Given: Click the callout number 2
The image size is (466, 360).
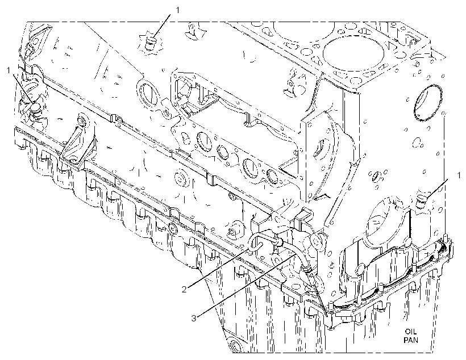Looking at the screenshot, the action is pos(184,288).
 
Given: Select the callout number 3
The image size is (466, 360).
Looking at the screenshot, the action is pos(193,319).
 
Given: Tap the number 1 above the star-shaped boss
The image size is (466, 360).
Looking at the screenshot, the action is pos(178,10).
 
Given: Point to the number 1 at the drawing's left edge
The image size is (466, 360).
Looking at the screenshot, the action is pos(9,70).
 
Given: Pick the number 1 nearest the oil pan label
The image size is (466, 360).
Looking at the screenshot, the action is pos(459,175).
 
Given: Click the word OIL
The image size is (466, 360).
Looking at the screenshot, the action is pos(411,332).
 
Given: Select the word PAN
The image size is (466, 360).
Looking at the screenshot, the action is pos(411,340).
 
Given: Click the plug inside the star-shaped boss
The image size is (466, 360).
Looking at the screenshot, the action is pos(151,42).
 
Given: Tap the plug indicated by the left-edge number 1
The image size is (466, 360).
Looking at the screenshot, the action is pos(36,108).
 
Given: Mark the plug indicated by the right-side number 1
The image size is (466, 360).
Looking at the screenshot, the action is pos(421,202).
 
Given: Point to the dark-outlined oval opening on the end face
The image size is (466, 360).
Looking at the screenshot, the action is pos(427,103).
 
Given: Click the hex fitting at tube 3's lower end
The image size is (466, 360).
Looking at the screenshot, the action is pos(307,269).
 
